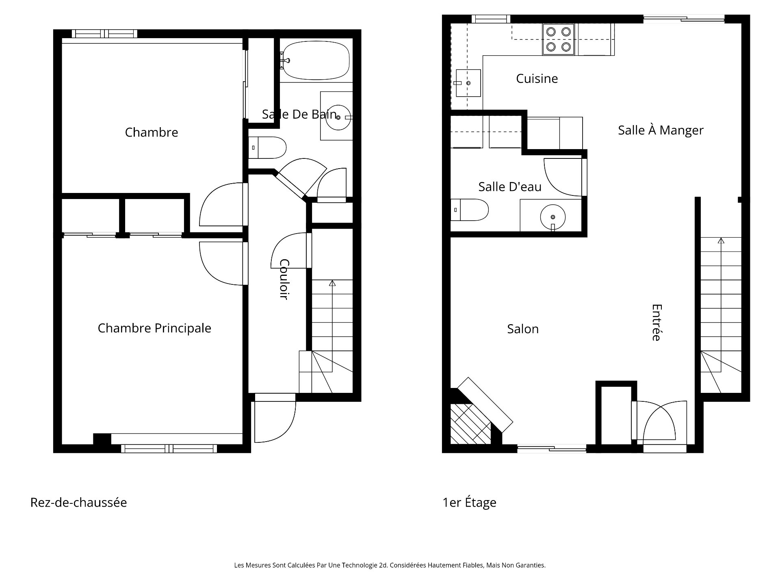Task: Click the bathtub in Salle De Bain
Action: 316,61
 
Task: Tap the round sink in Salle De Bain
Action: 338,117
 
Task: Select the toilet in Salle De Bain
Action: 268,147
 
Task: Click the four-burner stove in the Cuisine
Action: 558,39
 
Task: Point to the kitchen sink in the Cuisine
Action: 468,83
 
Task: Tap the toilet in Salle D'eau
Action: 470,210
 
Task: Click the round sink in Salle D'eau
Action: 552,217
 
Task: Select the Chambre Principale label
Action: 154,328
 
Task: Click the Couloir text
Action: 284,279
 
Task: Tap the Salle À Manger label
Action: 661,130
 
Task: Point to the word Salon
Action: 523,329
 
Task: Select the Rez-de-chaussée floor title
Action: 78,503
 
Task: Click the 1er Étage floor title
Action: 469,503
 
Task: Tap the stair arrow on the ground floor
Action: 332,284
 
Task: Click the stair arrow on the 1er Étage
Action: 721,241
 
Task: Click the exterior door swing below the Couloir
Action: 276,422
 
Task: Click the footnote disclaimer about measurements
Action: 390,565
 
